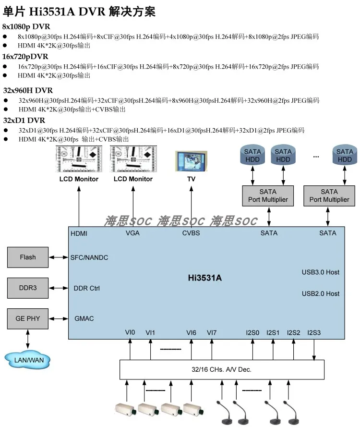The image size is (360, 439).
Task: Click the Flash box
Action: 28,257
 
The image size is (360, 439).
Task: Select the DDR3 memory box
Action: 28,288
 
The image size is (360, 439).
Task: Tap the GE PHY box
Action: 28,318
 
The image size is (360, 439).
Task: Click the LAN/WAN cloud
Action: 27,360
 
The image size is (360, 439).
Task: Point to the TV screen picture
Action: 192,161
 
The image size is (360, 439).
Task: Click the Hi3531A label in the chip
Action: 205,278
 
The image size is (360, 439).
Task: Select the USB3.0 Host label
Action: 321,272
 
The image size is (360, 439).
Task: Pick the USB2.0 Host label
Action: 321,293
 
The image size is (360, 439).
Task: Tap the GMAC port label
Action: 84,318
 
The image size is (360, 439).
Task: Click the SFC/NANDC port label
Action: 89,257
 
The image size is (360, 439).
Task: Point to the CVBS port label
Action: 191,233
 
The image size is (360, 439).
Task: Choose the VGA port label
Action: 132,233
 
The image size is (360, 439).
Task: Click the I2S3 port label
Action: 314,332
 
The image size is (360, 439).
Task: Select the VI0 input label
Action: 130,332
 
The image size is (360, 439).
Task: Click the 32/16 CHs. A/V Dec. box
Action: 222,369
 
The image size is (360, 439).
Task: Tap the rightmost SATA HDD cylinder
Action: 345,155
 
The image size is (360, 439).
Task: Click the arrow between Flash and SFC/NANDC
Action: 59,257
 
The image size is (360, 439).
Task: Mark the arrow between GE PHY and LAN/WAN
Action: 28,339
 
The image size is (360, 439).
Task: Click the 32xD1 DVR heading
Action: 24,121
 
